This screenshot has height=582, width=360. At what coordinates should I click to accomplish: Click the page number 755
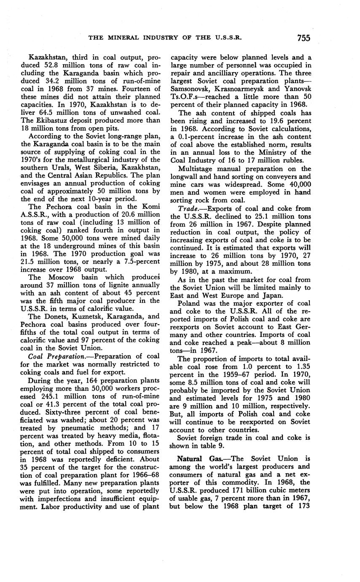pos(304,38)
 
